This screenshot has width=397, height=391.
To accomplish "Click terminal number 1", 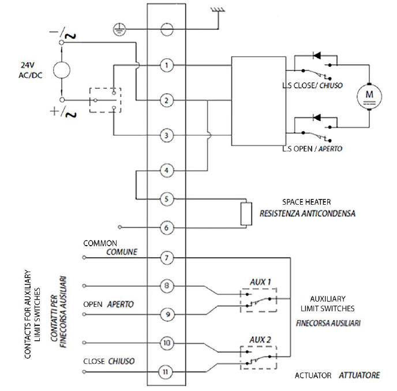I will coord(166,65).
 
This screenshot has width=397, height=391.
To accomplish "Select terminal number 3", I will coord(166,136).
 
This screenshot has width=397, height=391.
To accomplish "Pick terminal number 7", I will coord(166,257).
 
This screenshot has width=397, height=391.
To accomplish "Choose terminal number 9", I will coord(166,314).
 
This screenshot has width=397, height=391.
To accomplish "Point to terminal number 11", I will coord(166,372).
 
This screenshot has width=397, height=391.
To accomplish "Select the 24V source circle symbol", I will coord(61,70).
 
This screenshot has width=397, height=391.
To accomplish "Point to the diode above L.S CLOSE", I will coord(316,56).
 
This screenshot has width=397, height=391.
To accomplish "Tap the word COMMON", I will coord(100,243).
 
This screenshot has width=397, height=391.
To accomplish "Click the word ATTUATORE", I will coord(359,375).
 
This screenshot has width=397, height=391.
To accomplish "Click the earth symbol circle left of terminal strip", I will coord(119,28).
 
